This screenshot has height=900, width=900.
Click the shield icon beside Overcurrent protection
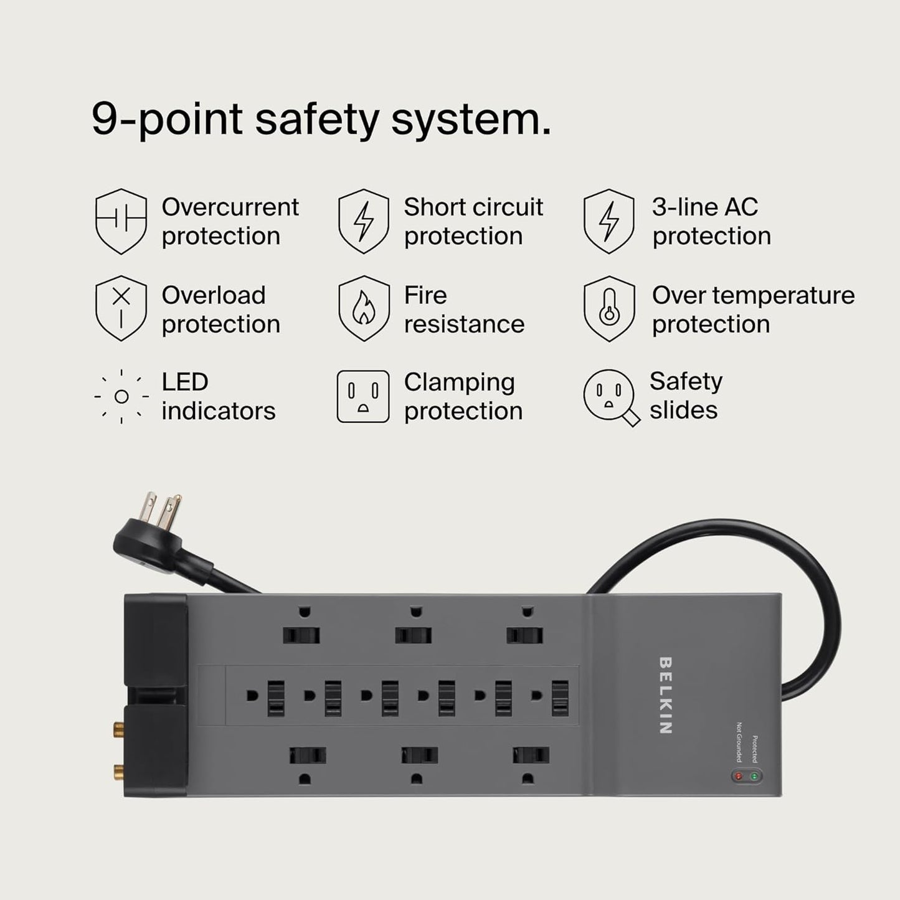121,221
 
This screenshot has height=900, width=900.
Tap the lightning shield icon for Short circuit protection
363,221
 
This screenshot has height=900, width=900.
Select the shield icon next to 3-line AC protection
609,221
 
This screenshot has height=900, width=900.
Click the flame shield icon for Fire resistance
363,309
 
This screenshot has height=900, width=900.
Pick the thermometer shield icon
609,309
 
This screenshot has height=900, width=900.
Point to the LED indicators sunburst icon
121,396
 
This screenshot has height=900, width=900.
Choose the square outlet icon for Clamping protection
363,397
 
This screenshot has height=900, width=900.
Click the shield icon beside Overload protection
121,309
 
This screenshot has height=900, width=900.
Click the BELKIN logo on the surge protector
665,695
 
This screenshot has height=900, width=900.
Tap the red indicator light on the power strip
739,776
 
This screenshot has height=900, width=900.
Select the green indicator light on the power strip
754,776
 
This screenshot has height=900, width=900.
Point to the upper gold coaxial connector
117,727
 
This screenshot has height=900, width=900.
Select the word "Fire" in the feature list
425,295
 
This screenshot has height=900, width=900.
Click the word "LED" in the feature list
184,382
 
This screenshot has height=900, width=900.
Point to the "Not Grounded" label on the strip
739,742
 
